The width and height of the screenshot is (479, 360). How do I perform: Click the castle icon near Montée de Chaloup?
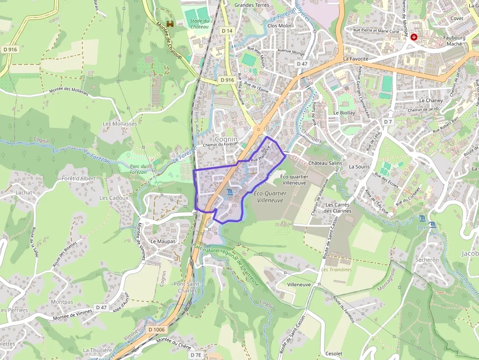point(170,23)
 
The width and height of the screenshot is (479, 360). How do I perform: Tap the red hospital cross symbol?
point(414,37)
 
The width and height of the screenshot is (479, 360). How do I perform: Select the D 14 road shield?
point(227,30)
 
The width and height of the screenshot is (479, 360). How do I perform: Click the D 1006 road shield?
point(156,330)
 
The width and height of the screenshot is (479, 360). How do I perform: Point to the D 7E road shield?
point(196,355)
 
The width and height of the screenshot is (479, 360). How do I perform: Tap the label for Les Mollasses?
point(120,124)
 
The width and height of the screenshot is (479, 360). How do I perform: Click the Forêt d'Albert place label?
point(79,179)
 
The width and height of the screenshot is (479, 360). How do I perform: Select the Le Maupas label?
point(163,241)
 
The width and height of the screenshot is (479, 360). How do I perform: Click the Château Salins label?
point(326,163)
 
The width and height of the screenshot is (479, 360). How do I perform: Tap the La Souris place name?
point(359,167)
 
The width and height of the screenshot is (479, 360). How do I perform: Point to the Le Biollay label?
point(343,112)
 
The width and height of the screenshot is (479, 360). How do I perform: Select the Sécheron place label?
point(427,260)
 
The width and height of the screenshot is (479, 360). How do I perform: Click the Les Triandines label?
point(336,270)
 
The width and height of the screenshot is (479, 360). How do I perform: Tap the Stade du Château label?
point(199,23)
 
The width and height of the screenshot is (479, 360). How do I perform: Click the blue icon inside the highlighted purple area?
point(230,194)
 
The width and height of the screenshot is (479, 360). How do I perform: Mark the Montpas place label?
point(62,302)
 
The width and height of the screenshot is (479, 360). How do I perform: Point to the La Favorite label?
point(355,59)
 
